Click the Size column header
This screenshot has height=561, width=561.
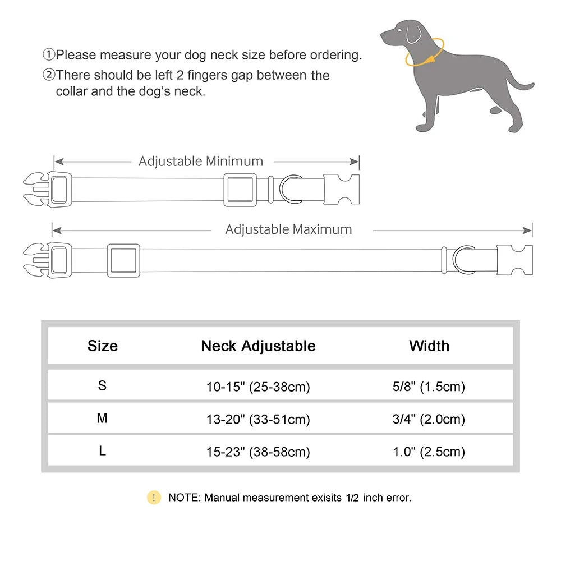point(103,346)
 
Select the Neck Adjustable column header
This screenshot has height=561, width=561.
point(258,346)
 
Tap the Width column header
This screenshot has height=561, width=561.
point(429,346)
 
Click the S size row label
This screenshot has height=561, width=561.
point(102,386)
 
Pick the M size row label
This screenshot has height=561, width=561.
point(102,419)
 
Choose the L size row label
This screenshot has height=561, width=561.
point(102,451)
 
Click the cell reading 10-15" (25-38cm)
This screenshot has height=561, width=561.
point(258,387)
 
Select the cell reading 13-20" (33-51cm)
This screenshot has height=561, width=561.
point(258,419)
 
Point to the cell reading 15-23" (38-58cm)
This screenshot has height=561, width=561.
point(258,452)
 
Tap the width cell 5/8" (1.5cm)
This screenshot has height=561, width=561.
point(429,387)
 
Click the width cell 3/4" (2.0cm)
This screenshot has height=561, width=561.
point(429,419)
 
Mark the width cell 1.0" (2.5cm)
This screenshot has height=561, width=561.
point(429,452)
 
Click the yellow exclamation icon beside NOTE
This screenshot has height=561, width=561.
point(154,497)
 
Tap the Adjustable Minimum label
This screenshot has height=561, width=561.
point(201,162)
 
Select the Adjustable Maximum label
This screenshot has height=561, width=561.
point(288,229)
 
